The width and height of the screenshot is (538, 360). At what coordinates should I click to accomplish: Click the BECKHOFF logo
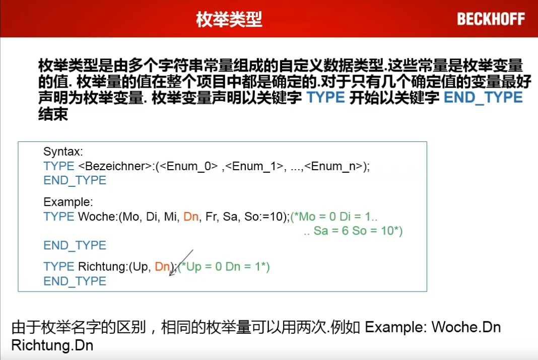[491, 19]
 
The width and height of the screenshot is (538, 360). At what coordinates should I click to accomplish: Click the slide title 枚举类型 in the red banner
[229, 19]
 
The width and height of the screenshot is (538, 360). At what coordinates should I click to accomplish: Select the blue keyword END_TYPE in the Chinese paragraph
[483, 98]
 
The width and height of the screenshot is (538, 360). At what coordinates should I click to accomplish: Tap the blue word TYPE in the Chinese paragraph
[326, 98]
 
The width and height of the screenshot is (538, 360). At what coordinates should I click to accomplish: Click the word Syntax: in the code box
[63, 152]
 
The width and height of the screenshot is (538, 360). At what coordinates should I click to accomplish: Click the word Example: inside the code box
[68, 202]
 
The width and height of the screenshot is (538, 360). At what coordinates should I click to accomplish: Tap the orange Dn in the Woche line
[191, 217]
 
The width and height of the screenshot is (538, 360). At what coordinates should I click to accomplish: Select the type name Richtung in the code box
[101, 267]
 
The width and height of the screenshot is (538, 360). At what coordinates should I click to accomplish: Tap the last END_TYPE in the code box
[75, 281]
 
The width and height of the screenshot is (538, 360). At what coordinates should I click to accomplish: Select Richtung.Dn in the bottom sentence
[52, 345]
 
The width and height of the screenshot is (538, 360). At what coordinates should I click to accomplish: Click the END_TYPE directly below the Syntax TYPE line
[75, 181]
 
